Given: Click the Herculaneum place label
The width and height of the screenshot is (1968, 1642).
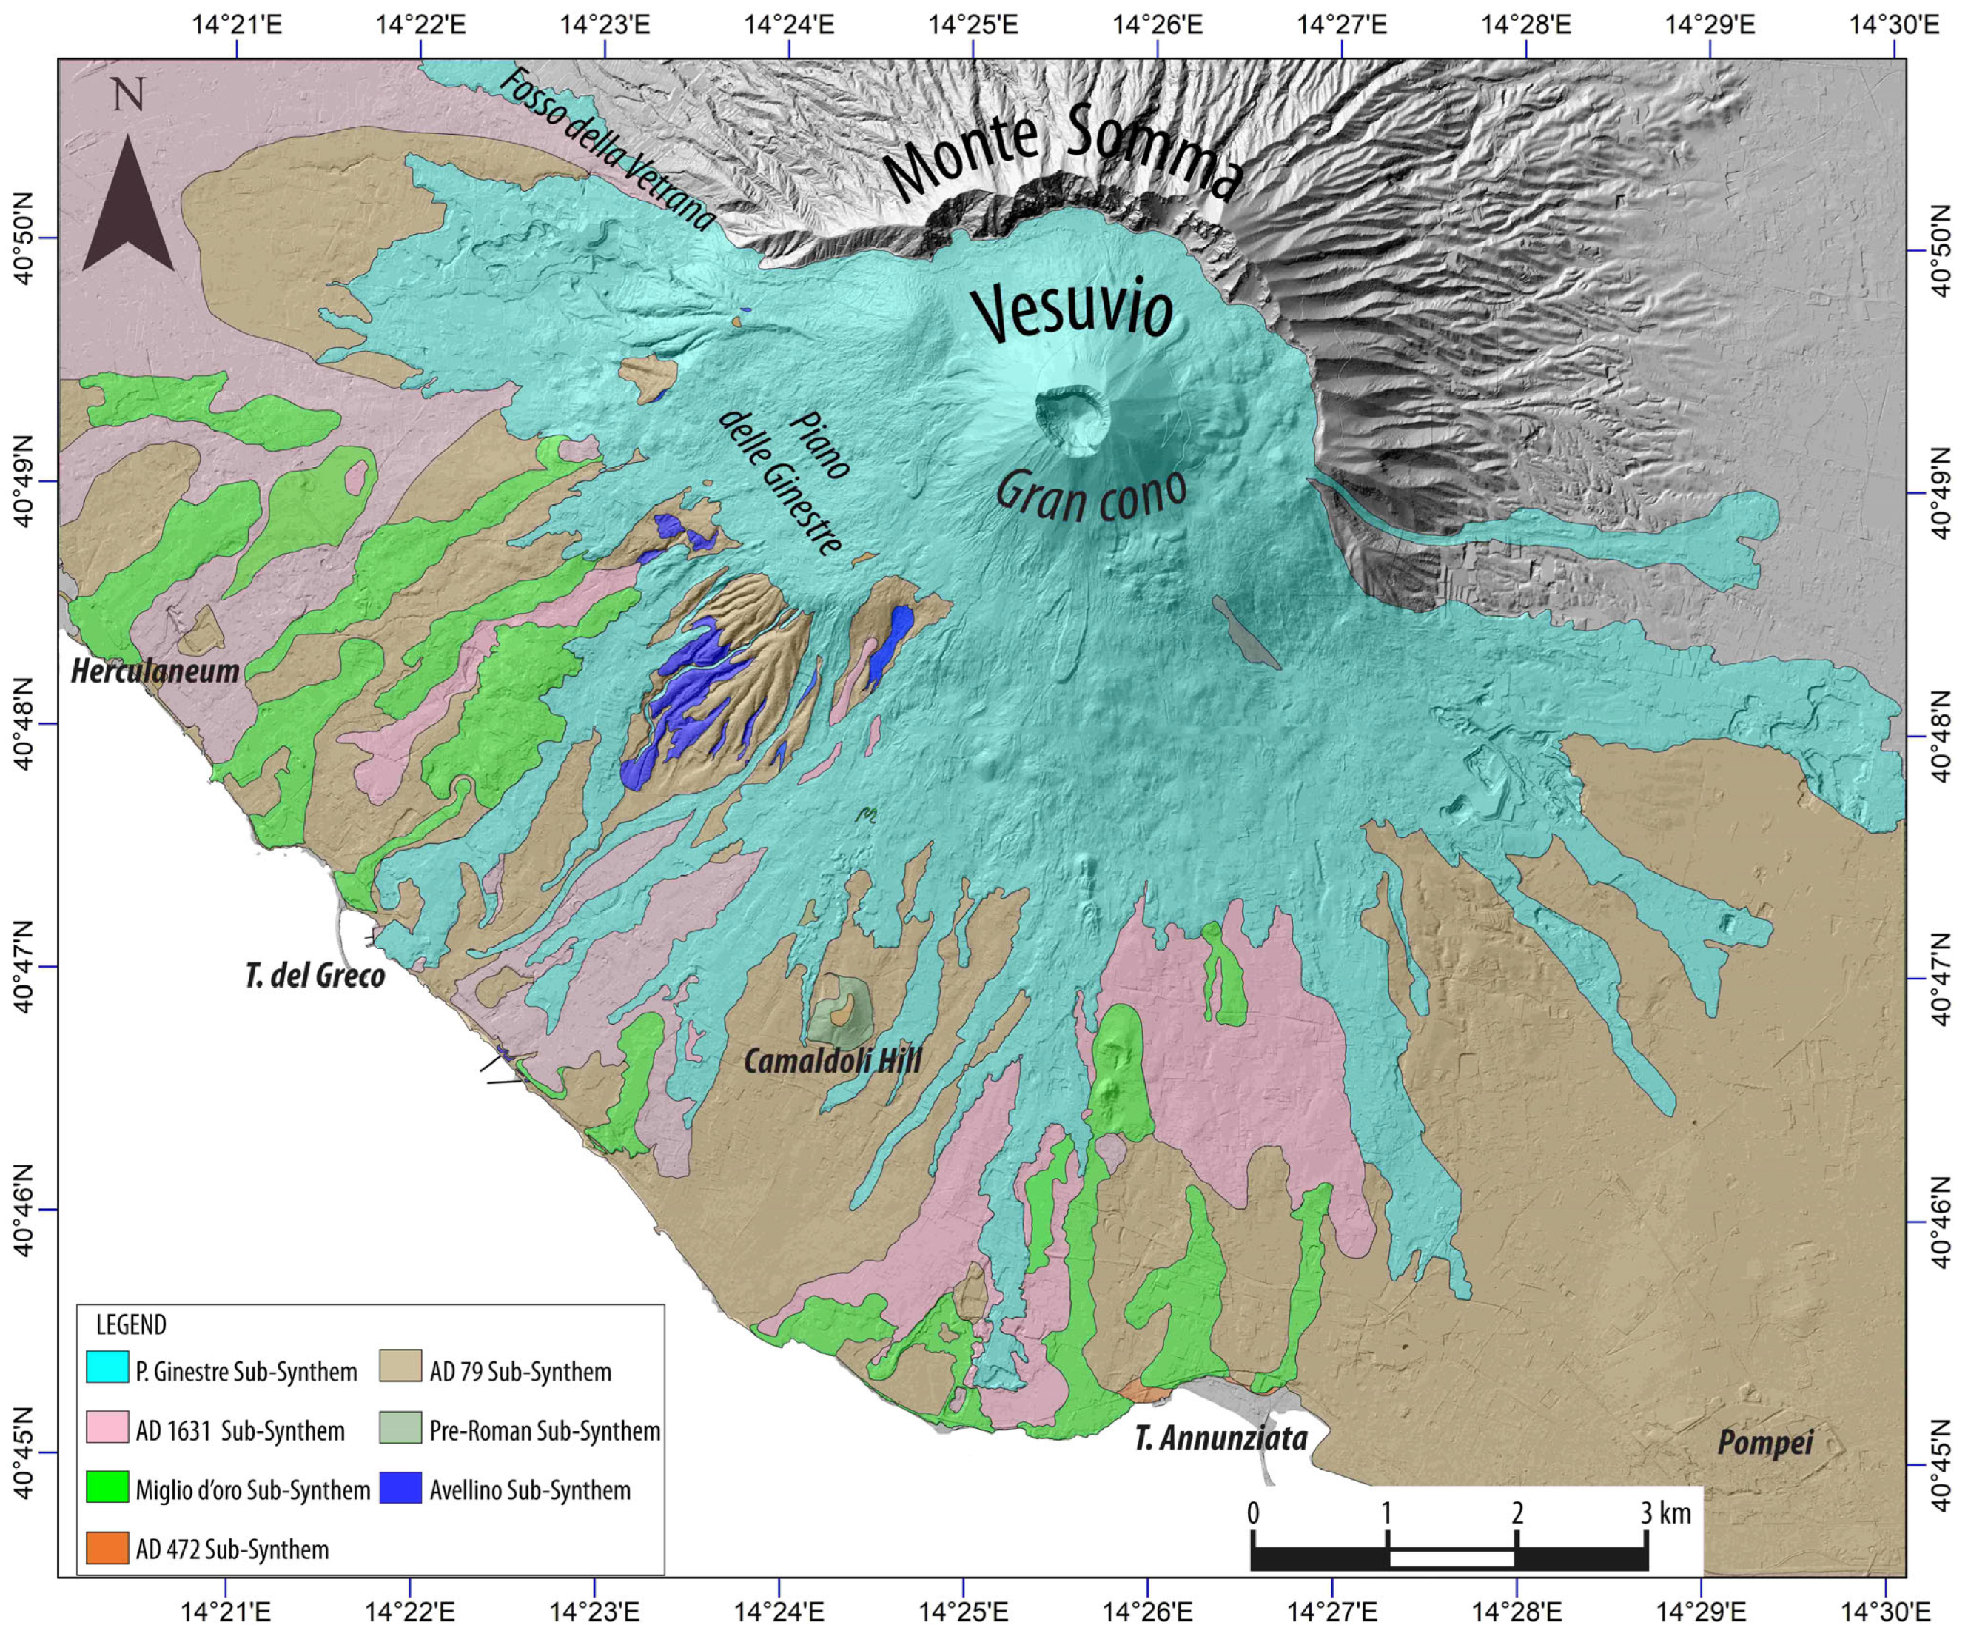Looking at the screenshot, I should (x=155, y=671).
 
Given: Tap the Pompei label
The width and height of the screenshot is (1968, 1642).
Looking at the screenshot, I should (x=1764, y=1442).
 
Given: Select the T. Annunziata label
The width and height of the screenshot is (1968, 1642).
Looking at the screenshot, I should (x=1221, y=1438).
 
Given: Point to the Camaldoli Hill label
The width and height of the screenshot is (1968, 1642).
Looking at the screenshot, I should (x=832, y=1061).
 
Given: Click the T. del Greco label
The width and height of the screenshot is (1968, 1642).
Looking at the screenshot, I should (x=315, y=976).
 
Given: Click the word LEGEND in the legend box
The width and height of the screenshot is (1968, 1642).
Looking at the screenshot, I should (x=131, y=1325).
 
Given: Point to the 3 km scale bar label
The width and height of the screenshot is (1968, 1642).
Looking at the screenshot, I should (x=1665, y=1512).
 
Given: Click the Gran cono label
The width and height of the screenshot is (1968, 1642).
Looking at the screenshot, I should (x=1092, y=495).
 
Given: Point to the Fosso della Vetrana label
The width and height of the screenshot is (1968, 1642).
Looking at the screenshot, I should (x=607, y=150).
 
